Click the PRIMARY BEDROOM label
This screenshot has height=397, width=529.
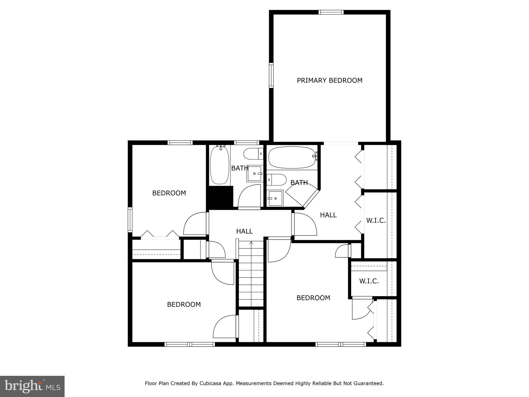(x=329, y=80)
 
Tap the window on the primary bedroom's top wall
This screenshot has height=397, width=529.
(x=331, y=12)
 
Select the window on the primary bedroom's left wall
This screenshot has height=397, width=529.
(x=271, y=75)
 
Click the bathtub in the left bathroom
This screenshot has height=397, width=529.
(x=220, y=165)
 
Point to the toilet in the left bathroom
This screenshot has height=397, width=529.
(x=253, y=154)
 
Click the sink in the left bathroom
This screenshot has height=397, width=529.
(x=254, y=174)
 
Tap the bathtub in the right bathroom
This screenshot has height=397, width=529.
(x=292, y=157)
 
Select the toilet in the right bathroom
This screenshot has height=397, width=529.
(x=277, y=180)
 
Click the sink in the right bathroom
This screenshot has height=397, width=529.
(x=275, y=198)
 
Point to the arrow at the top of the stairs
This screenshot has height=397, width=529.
(x=251, y=243)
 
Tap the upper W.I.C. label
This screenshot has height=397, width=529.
(x=376, y=220)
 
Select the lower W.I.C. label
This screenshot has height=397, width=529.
(x=369, y=281)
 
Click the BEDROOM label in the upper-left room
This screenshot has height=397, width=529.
(x=169, y=193)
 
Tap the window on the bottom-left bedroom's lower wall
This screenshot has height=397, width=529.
(x=190, y=344)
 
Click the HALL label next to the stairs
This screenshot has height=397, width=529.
(x=244, y=231)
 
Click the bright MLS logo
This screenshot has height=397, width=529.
(x=32, y=386)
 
